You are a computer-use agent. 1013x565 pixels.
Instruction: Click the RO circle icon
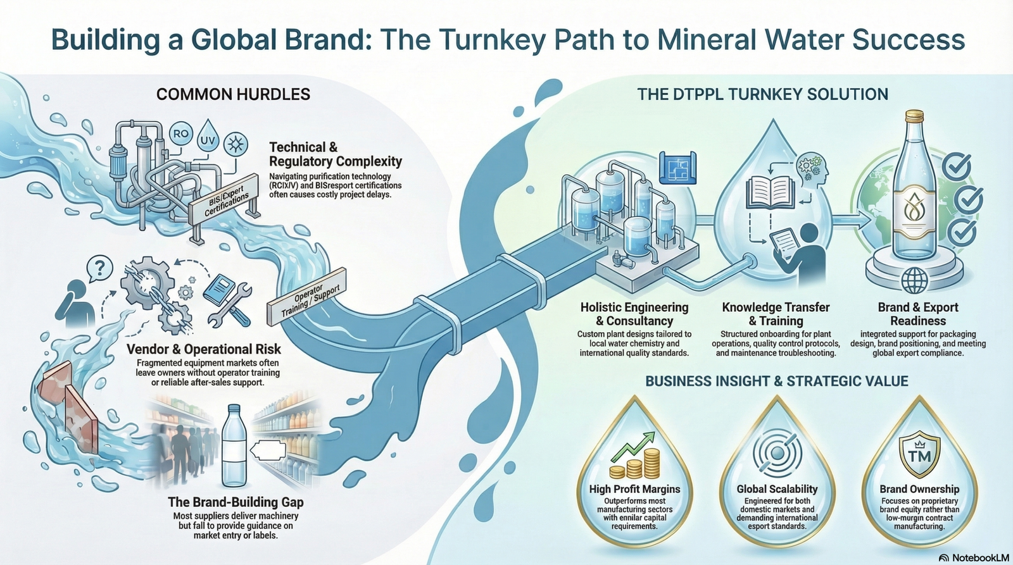coord(181,134)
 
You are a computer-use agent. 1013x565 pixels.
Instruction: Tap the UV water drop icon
coord(207,139)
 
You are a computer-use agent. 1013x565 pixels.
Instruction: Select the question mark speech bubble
coord(99,268)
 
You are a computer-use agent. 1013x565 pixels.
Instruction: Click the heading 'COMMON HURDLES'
coord(233,95)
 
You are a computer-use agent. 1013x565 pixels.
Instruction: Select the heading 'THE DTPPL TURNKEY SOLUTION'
coord(762,95)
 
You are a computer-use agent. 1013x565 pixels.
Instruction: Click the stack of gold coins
coord(635,464)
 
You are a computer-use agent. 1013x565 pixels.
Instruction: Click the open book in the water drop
coord(770,192)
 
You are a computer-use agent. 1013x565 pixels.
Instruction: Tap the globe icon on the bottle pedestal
coord(915,279)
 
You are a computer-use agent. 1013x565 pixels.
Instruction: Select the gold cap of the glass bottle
coord(914,116)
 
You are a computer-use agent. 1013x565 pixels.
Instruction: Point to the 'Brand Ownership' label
coord(919,489)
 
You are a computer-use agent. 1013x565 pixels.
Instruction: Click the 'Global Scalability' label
coord(777,489)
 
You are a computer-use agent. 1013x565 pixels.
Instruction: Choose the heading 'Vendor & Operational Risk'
coord(204,349)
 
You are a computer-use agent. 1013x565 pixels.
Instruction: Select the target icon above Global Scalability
coord(777,452)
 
